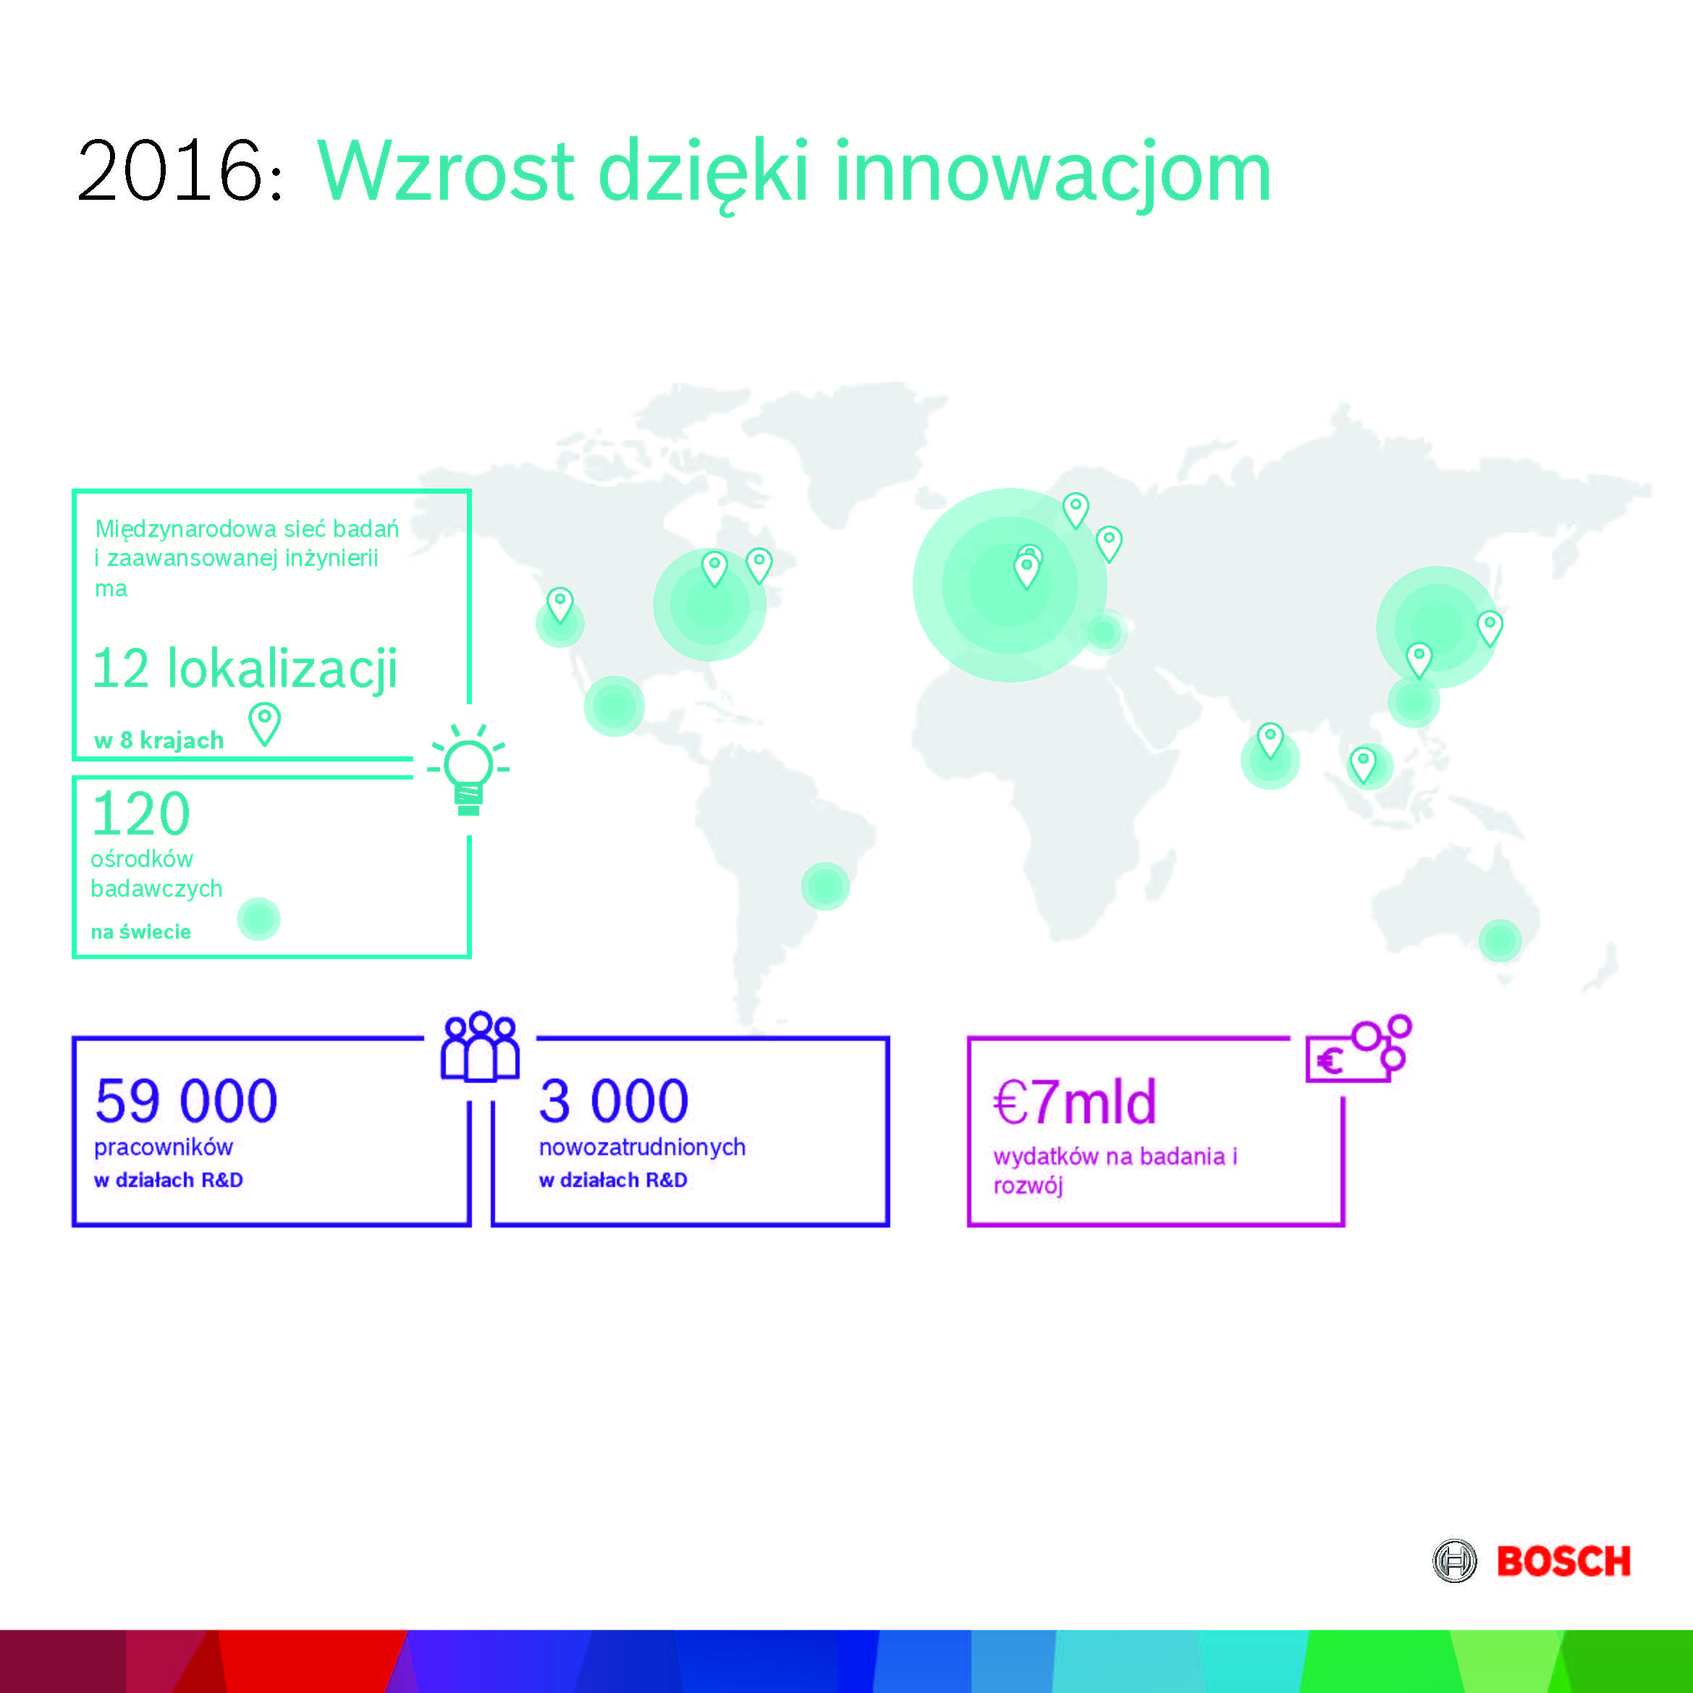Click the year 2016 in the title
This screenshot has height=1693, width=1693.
tap(170, 171)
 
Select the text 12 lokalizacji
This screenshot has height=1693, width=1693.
tap(245, 669)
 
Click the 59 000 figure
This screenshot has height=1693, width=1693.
tap(186, 1101)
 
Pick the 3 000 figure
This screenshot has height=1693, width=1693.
tap(613, 1101)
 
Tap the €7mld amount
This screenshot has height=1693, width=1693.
tap(1074, 1102)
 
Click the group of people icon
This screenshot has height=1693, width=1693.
tap(480, 1047)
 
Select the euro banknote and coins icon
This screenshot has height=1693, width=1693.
tap(1359, 1049)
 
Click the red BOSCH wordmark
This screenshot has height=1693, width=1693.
tap(1563, 1561)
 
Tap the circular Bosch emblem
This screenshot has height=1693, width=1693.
tap(1455, 1561)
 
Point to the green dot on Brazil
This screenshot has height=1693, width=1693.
tap(824, 886)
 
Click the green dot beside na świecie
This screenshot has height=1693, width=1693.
tap(258, 919)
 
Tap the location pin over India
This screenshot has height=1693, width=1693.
tap(1270, 741)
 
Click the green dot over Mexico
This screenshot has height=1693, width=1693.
tap(615, 706)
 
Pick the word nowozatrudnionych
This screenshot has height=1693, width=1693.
tap(642, 1147)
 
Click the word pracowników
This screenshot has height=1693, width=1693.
tap(164, 1147)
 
